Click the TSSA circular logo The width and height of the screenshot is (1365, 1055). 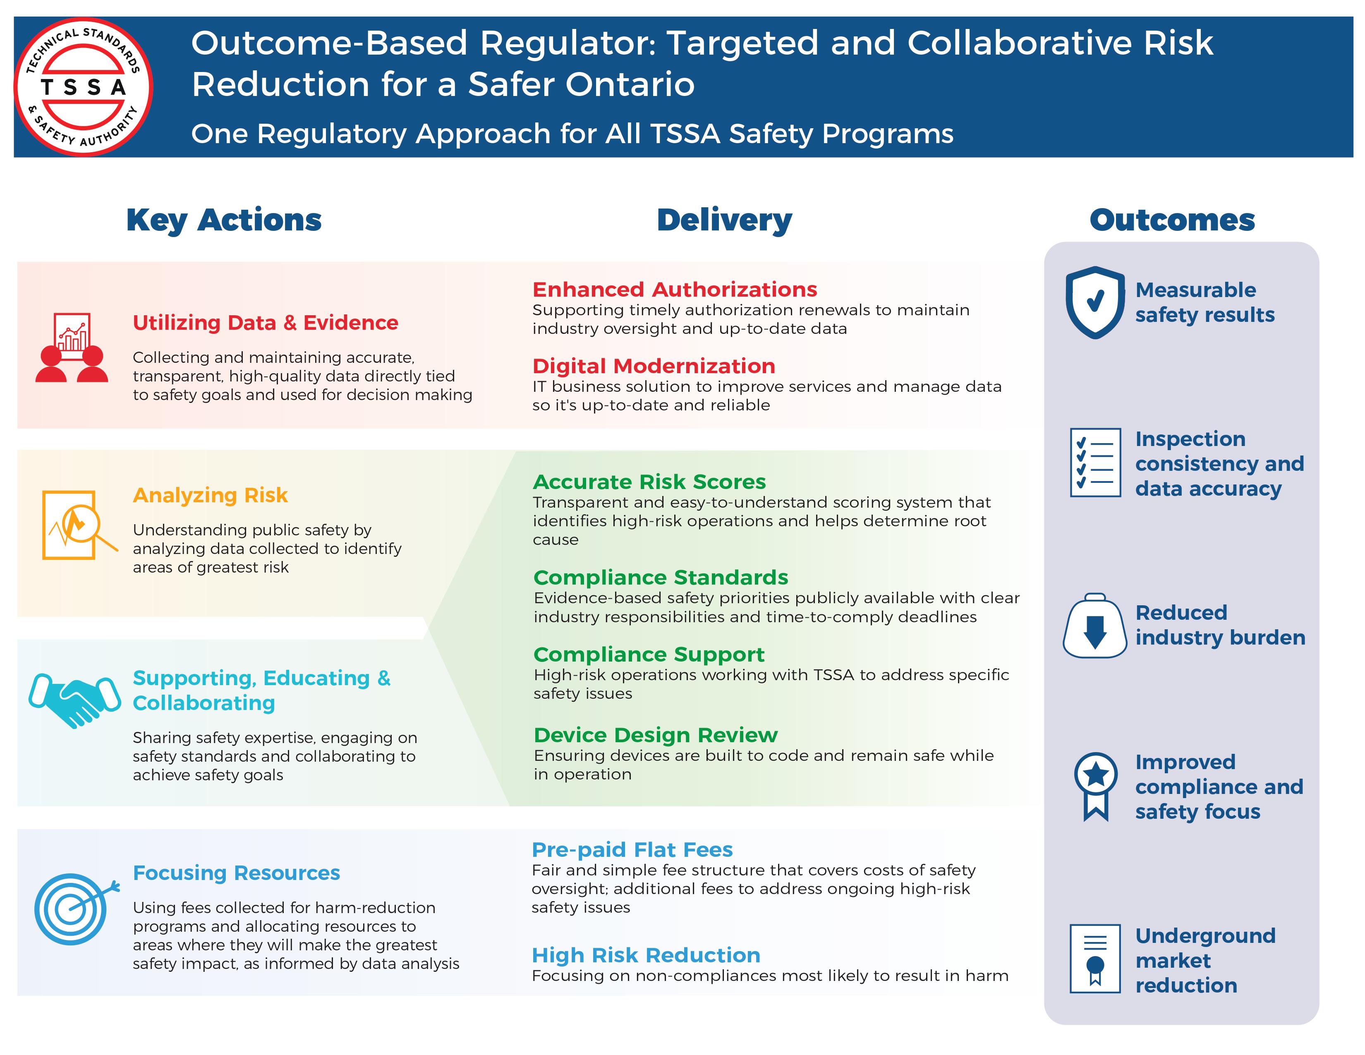click(x=83, y=87)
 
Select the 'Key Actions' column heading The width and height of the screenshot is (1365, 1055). click(x=224, y=221)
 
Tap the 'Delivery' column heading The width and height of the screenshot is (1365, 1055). click(x=724, y=221)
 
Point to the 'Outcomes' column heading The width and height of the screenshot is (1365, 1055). click(x=1172, y=221)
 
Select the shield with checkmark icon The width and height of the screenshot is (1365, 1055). click(x=1095, y=302)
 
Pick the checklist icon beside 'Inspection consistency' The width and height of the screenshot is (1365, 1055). click(x=1095, y=463)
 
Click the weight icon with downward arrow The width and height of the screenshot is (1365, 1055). click(x=1095, y=626)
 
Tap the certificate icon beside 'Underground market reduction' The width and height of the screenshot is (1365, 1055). click(x=1095, y=958)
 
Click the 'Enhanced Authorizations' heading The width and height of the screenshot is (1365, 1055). click(x=674, y=289)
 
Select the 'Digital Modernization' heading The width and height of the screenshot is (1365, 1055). click(x=653, y=366)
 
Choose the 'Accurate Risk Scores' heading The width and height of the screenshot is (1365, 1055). click(x=649, y=482)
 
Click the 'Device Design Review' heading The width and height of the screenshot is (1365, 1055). click(x=655, y=735)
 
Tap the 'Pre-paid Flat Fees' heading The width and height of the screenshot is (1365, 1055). click(x=632, y=850)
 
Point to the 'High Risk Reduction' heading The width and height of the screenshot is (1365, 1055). click(x=646, y=955)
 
